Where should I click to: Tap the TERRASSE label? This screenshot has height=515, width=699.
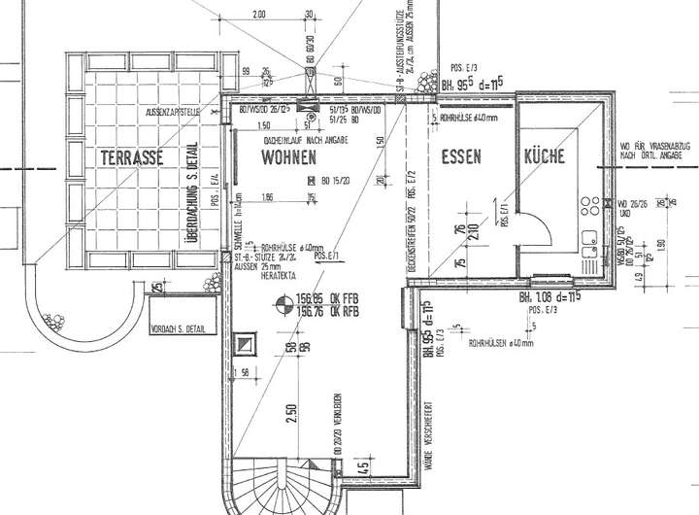pyautogui.click(x=129, y=156)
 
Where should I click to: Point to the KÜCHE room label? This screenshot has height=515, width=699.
pyautogui.click(x=550, y=156)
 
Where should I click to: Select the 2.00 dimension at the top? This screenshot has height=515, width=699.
pyautogui.click(x=259, y=16)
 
